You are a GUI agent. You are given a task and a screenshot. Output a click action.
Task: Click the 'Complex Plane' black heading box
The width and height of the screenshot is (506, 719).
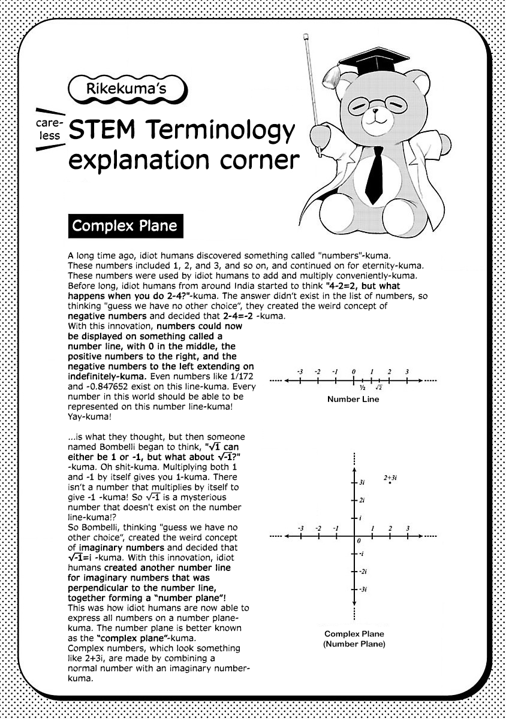[x=125, y=226]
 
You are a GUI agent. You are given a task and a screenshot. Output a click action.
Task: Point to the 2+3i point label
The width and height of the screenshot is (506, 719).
[x=390, y=478]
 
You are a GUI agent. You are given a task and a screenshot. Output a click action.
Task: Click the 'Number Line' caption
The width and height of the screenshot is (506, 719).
[x=353, y=399]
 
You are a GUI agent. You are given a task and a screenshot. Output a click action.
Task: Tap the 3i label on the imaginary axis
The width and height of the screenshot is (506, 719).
[x=363, y=482]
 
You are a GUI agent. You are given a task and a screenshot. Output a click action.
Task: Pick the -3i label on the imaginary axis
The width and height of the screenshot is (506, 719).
[x=363, y=590]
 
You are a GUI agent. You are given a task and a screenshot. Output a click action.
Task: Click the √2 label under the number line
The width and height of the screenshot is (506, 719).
[x=379, y=388]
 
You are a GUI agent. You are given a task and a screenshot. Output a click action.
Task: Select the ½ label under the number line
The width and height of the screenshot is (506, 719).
[x=363, y=388]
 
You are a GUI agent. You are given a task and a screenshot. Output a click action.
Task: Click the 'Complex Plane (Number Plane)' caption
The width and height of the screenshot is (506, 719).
[x=354, y=639]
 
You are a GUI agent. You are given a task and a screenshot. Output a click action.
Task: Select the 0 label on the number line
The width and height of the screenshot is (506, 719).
[x=354, y=372]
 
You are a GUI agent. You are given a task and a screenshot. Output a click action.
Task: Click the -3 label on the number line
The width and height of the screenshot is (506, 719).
[x=300, y=372]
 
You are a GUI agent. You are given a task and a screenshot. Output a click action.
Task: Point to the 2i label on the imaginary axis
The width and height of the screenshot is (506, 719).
[x=363, y=500]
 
